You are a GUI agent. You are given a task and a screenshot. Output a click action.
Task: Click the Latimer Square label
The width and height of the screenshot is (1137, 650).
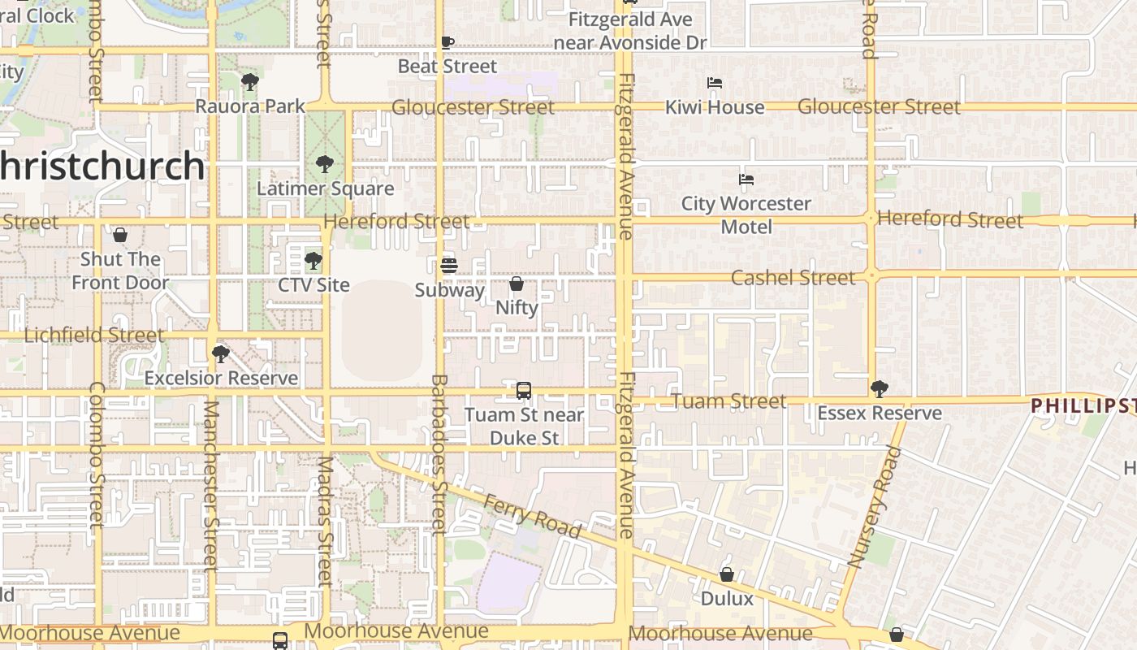325,188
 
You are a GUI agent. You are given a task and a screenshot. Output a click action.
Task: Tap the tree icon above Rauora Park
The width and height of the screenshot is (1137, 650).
249,81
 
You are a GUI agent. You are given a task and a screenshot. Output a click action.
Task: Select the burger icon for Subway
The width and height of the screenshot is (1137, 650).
448,265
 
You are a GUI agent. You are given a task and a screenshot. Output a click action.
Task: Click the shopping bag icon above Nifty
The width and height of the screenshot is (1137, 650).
517,284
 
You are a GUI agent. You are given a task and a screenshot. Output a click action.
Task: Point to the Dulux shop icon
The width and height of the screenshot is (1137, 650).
727,574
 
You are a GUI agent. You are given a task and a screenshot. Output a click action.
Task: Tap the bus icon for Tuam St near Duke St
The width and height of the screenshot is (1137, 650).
524,391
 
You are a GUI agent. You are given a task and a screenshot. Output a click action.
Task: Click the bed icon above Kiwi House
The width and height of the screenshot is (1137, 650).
715,83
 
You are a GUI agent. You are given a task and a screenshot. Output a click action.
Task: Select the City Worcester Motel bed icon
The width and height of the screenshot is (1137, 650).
746,180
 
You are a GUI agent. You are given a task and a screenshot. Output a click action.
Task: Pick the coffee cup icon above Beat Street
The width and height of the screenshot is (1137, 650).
447,42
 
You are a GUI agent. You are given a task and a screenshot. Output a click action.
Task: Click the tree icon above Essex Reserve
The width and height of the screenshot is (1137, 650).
879,388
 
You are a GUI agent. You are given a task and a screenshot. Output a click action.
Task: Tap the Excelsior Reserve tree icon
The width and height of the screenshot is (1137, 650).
220,354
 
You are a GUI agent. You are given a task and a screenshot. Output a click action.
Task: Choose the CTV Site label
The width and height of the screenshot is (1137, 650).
313,285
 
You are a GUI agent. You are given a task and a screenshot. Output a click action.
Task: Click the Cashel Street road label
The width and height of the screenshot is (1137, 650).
793,278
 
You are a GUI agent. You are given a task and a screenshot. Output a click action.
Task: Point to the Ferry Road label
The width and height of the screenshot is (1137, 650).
532,516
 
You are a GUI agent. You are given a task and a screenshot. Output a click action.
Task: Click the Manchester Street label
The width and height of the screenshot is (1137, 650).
210,484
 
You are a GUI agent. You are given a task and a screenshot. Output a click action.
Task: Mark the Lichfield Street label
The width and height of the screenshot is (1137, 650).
94,335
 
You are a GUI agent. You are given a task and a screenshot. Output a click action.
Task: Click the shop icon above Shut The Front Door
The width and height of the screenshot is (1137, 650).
120,235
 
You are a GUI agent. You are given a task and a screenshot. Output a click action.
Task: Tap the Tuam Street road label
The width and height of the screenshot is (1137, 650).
729,401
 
